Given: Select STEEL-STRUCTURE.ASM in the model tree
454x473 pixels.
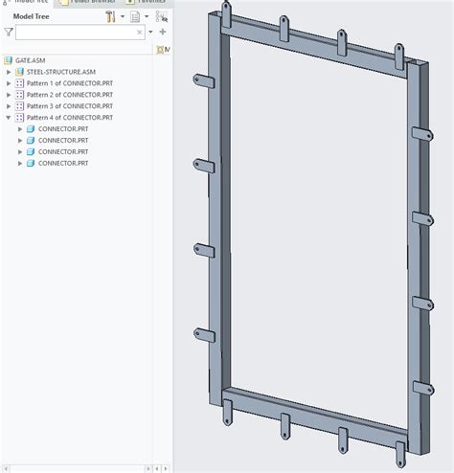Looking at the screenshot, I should click(59, 72).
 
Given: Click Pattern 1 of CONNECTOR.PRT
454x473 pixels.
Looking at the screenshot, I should click(69, 83).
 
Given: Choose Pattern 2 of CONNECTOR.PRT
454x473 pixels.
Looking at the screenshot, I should click(69, 95).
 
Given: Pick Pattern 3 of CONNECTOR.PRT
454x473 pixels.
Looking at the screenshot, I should click(69, 106).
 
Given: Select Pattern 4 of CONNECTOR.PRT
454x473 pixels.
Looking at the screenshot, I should click(69, 118).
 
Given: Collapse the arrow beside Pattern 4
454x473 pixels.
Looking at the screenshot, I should click(9, 118).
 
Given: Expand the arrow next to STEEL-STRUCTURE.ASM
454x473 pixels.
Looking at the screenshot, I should click(9, 72).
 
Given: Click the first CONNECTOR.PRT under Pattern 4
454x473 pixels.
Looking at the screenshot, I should click(63, 129).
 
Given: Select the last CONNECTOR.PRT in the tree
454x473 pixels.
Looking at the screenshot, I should click(63, 164).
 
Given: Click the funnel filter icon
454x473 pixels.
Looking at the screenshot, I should click(9, 33).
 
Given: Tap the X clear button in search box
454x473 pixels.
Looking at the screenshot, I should click(139, 33).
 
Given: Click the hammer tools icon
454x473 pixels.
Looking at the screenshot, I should click(111, 16).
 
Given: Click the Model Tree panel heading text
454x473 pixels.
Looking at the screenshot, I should click(32, 16).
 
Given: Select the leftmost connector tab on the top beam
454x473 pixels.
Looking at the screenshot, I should click(227, 12).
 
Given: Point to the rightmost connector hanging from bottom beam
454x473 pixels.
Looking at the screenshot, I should click(397, 450).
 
